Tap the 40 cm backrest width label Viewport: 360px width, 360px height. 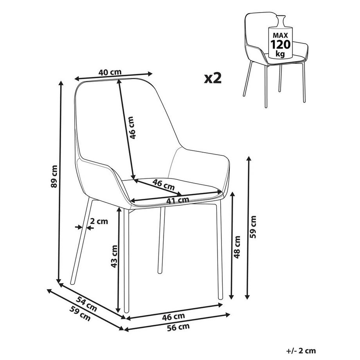(110, 72)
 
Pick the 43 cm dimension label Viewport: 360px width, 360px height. (114, 257)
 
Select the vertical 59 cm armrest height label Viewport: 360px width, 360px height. (253, 227)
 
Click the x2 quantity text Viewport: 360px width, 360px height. (213, 78)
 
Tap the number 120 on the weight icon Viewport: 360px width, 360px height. (280, 43)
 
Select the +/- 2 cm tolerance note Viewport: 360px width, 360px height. (301, 351)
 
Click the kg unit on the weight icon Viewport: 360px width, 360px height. (280, 53)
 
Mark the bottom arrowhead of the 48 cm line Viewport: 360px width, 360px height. (232, 297)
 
